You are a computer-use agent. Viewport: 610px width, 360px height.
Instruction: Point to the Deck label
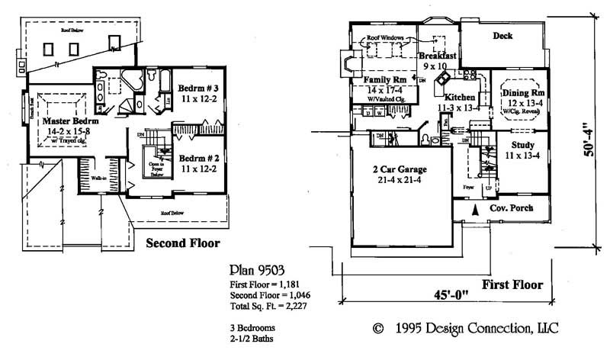(502, 35)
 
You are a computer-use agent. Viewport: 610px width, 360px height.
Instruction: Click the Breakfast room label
(438, 56)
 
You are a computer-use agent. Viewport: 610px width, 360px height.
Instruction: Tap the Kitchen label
(457, 98)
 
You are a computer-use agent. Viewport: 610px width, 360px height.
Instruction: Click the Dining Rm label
(523, 93)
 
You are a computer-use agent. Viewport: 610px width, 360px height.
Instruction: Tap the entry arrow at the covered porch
(477, 208)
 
